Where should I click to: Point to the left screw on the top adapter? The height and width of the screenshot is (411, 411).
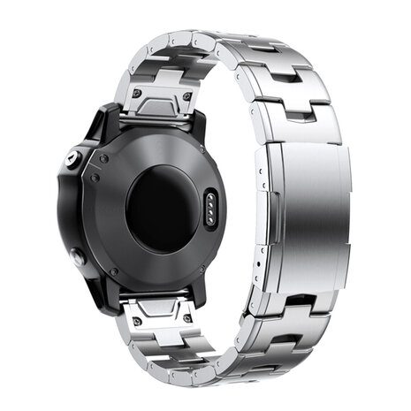pos(137,91)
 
